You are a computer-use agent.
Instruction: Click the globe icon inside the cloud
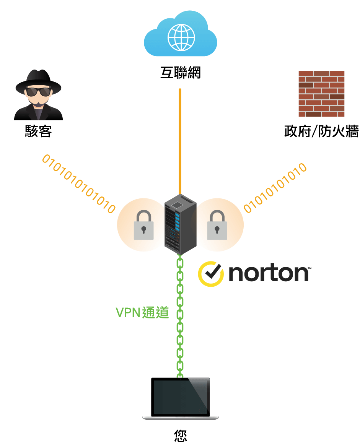pyautogui.click(x=181, y=37)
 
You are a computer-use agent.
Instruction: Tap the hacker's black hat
pyautogui.click(x=38, y=80)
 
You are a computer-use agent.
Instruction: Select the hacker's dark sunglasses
pyautogui.click(x=38, y=92)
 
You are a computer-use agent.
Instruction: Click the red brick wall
pyautogui.click(x=321, y=94)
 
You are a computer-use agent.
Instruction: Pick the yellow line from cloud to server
pyautogui.click(x=180, y=141)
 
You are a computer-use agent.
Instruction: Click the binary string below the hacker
pyautogui.click(x=79, y=183)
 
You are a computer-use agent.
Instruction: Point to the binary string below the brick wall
pyautogui.click(x=275, y=188)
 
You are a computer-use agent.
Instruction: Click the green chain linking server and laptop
pyautogui.click(x=180, y=317)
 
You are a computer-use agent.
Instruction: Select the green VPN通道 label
pyautogui.click(x=142, y=313)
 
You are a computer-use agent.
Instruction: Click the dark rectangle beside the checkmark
pyautogui.click(x=270, y=274)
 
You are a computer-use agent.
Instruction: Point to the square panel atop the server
pyautogui.click(x=177, y=205)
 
